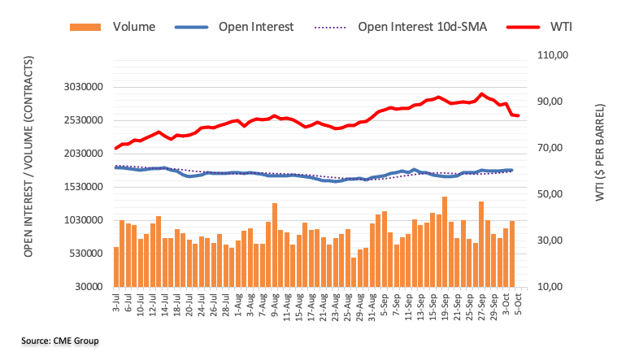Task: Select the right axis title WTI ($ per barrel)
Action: pyautogui.click(x=599, y=153)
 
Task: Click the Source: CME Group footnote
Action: pyautogui.click(x=59, y=340)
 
